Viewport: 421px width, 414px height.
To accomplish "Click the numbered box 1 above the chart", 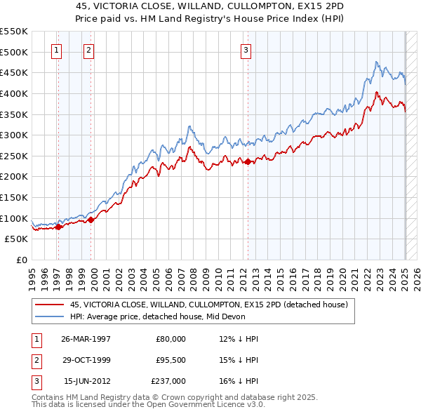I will click(56, 50).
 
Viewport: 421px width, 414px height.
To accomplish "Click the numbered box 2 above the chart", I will click(88, 50).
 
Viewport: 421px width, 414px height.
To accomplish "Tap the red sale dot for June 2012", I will click(248, 161).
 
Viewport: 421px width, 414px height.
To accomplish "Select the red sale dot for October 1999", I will click(91, 220).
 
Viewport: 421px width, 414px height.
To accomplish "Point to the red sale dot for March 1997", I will click(59, 226).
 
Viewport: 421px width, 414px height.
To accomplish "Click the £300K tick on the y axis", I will click(13, 135).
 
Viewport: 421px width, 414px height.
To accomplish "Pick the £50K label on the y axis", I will click(16, 239).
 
